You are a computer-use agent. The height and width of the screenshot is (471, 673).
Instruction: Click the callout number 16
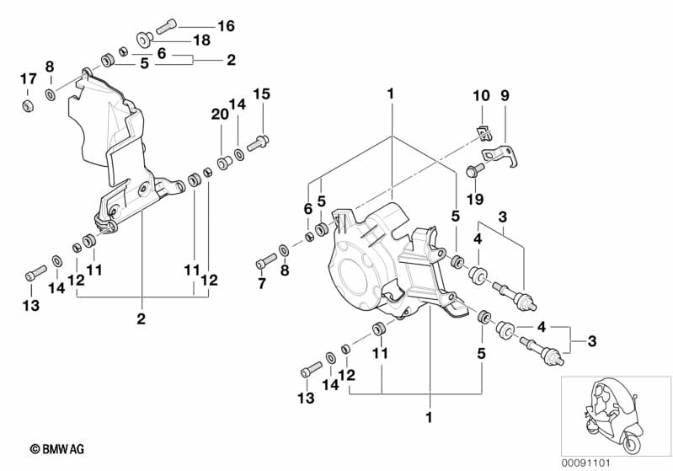(x=226, y=25)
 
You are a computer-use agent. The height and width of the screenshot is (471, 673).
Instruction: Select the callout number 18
(x=201, y=40)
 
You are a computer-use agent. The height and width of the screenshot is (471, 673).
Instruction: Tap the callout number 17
(x=28, y=79)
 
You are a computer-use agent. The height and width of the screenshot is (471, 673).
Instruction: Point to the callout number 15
(x=261, y=94)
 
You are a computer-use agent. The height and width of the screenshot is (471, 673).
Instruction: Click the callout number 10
(x=480, y=96)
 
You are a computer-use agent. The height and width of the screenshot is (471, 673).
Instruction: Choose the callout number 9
(x=505, y=96)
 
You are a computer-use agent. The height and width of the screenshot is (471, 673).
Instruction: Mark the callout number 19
(x=474, y=199)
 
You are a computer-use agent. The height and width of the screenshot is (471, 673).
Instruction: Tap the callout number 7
(x=261, y=283)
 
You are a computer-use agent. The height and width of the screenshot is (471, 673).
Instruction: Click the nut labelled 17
(x=27, y=106)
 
